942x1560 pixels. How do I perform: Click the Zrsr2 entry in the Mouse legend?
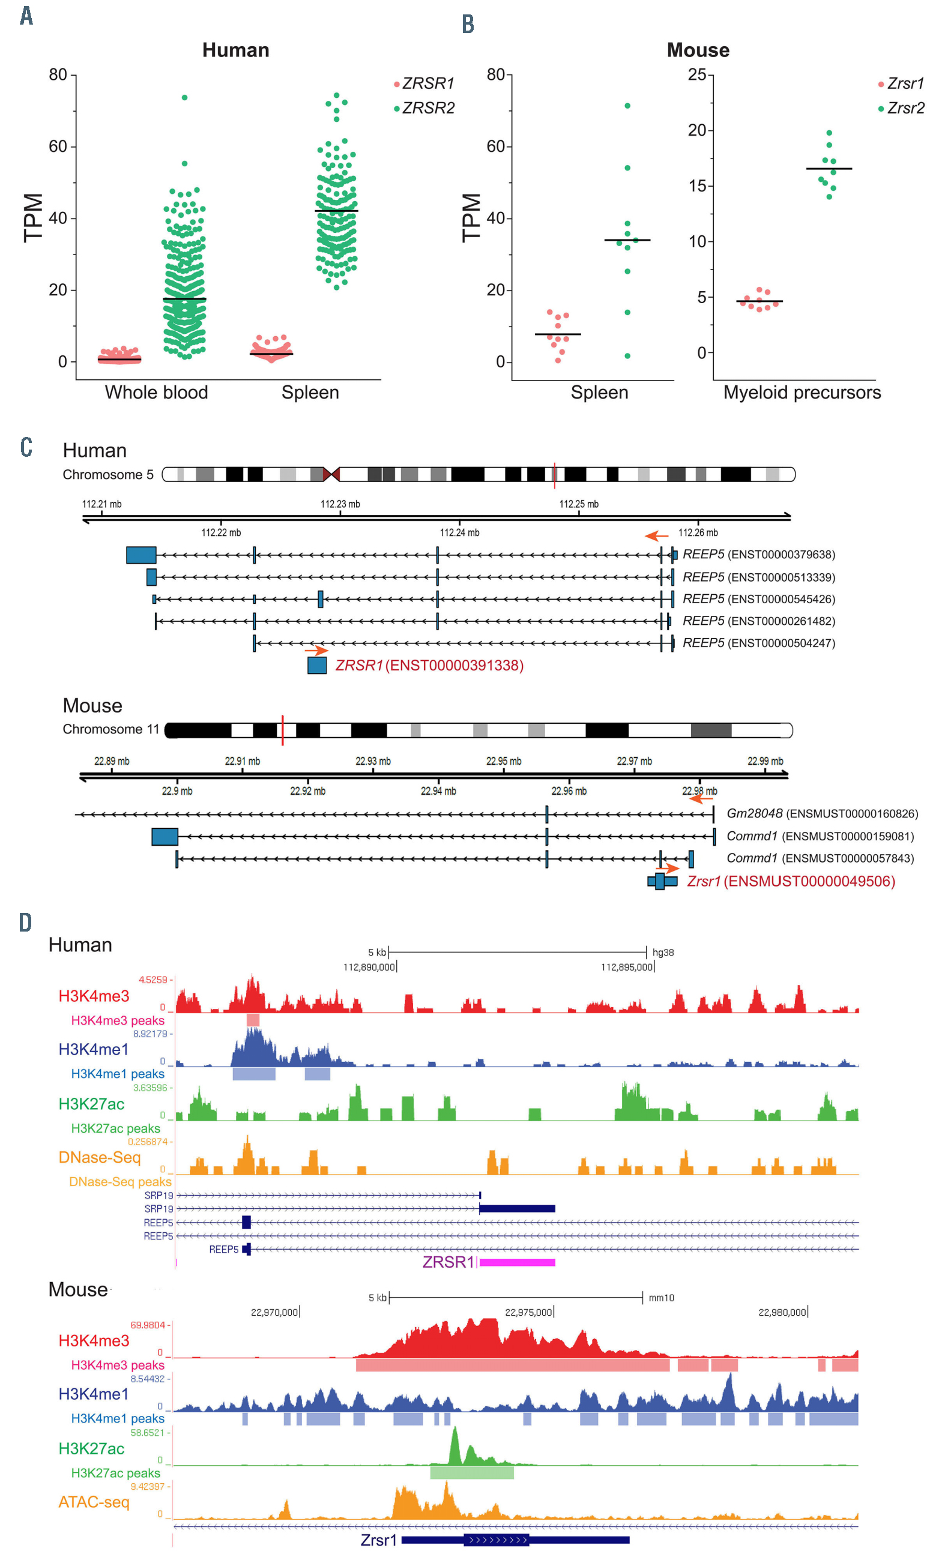[905, 108]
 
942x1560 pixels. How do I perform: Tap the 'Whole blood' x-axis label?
[156, 393]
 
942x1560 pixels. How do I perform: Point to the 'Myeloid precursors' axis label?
[802, 393]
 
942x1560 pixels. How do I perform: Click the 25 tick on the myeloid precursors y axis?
[697, 74]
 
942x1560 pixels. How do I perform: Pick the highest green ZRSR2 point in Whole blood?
[185, 97]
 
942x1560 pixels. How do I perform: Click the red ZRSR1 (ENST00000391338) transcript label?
[429, 666]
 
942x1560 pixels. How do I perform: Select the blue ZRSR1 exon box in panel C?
[317, 666]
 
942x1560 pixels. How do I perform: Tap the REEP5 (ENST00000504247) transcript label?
[758, 643]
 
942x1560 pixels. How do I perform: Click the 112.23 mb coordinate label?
[340, 504]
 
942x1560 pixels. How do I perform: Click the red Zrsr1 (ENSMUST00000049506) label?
[791, 881]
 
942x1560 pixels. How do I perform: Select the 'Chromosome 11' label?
[111, 729]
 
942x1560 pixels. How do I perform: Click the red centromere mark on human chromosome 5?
[331, 474]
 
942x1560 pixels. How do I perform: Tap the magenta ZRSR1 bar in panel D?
[517, 1262]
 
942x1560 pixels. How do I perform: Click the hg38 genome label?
[663, 952]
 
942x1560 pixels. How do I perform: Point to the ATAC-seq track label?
[94, 1502]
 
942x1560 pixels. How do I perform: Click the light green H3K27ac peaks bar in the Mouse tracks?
[472, 1473]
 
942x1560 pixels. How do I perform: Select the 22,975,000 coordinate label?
[528, 1313]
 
